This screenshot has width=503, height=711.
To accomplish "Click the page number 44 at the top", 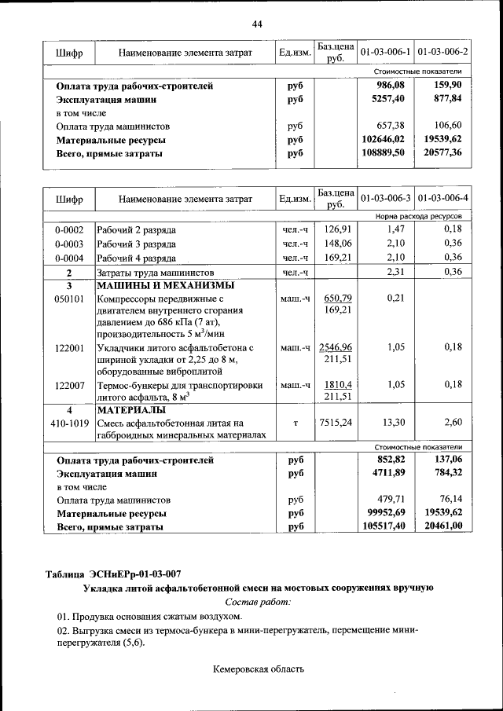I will click(256, 24).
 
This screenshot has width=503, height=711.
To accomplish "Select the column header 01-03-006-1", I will click(385, 52).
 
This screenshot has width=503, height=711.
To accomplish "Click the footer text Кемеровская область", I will click(257, 669).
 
